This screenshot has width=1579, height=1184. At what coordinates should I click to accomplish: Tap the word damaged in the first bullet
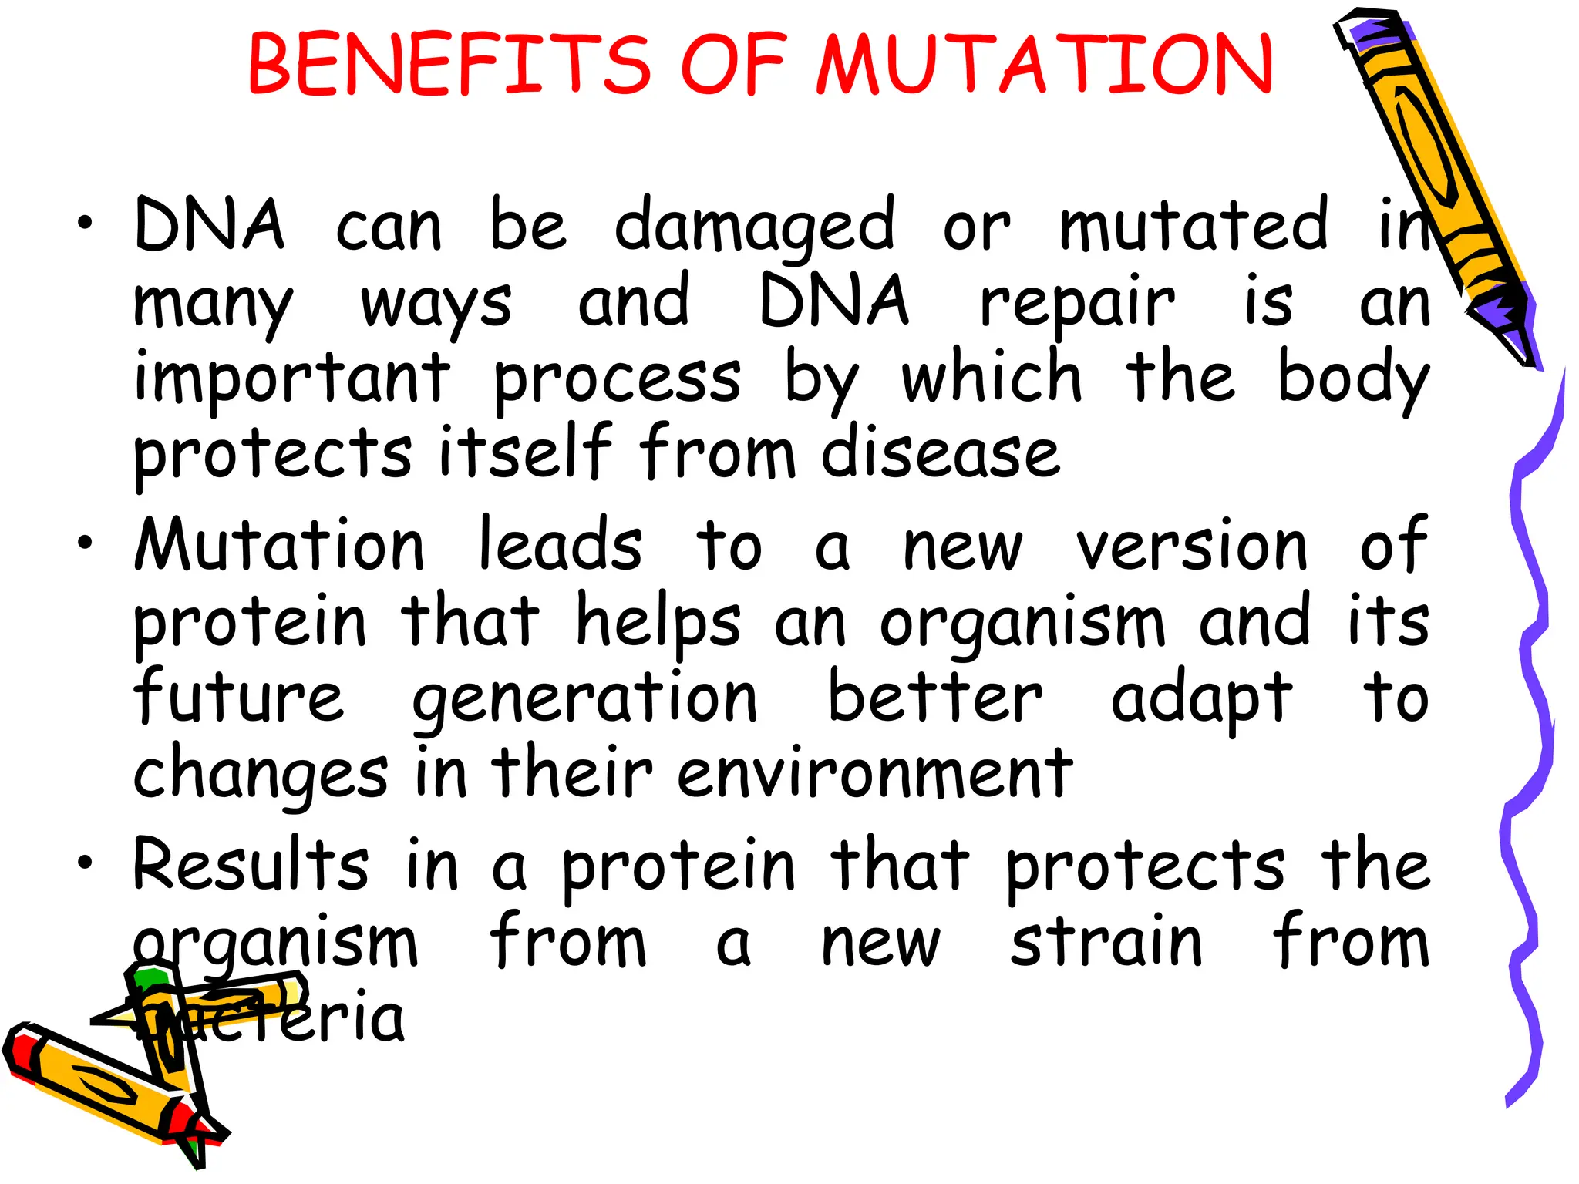[x=754, y=227]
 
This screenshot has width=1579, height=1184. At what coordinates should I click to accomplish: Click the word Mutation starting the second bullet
[x=279, y=545]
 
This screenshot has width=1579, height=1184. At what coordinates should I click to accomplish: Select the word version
[x=1191, y=545]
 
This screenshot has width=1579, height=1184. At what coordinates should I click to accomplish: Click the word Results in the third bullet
[x=251, y=865]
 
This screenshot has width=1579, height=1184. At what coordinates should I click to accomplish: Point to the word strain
[x=1106, y=942]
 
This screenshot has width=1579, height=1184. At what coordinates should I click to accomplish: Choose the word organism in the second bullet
[x=1022, y=623]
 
